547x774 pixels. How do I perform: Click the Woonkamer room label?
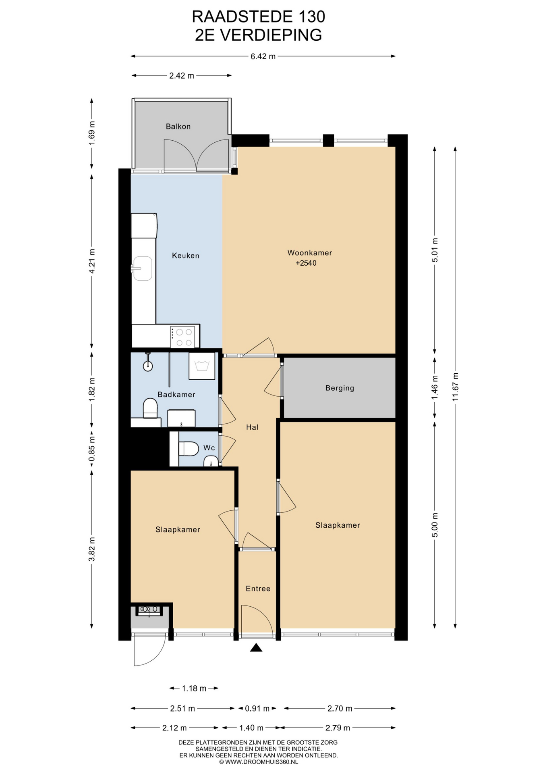[310, 253]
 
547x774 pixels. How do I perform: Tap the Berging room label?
[340, 388]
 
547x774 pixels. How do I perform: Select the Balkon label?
[178, 127]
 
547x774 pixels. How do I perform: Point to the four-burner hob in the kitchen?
[184, 337]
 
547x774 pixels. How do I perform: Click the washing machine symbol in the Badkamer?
[202, 366]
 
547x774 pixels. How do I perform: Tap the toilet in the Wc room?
[189, 449]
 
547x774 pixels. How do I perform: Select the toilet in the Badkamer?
[150, 408]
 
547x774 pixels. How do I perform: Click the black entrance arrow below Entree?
[256, 648]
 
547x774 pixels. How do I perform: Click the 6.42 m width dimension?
[263, 56]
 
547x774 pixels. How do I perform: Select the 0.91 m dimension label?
[257, 708]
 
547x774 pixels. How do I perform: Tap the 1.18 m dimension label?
[194, 688]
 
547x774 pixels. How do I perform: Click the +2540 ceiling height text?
[306, 263]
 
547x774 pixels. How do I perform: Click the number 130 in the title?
[312, 17]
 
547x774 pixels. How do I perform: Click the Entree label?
[258, 589]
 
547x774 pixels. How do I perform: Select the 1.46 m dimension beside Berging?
[435, 388]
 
